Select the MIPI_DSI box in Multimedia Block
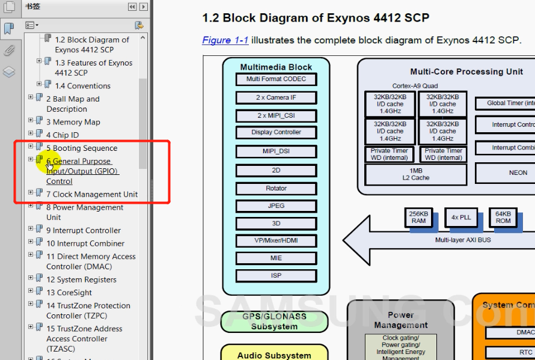tap(276, 151)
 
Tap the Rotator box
tap(276, 188)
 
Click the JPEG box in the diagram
tap(276, 206)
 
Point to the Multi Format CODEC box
tap(276, 79)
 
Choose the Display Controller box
tap(276, 132)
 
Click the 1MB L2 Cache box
tap(416, 174)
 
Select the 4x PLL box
tap(461, 217)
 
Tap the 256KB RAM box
tap(419, 217)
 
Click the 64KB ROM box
tap(503, 217)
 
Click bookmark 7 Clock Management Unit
tap(92, 194)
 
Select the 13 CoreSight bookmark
tap(69, 293)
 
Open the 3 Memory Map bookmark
tap(73, 122)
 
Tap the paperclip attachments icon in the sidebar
tap(9, 50)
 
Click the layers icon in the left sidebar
tap(9, 72)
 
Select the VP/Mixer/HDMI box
tap(276, 241)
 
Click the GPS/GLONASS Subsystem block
tap(274, 322)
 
